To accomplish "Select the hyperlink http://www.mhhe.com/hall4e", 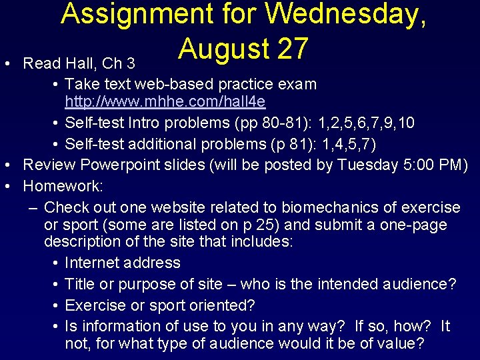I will pos(165,102).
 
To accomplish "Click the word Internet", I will pos(93,263).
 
